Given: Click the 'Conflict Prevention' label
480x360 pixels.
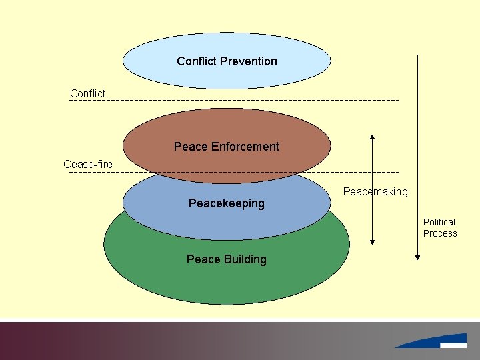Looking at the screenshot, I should click(227, 61).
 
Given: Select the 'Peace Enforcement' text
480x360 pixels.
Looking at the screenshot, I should click(227, 147).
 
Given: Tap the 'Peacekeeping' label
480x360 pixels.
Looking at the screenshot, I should click(227, 203).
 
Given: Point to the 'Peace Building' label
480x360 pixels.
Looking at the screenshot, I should click(227, 259).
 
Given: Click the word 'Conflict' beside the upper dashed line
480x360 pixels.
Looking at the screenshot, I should click(87, 93).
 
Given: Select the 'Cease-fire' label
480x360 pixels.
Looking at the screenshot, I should click(88, 164).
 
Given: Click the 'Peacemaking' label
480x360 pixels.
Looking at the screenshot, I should click(375, 192).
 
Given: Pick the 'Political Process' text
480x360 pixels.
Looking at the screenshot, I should click(440, 227).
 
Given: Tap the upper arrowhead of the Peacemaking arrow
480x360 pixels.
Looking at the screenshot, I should click(372, 137).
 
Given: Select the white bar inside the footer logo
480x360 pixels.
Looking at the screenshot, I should click(453, 345).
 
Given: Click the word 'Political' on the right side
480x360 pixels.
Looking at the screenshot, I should click(439, 222).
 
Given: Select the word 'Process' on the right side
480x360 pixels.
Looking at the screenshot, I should click(440, 233).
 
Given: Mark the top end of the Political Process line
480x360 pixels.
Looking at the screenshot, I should click(417, 56).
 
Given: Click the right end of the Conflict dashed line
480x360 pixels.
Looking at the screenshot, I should click(398, 101).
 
